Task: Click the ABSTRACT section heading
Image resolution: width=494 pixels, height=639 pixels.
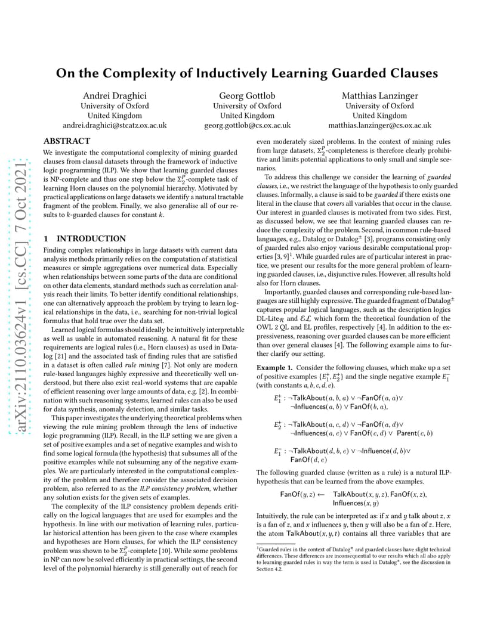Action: pyautogui.click(x=67, y=141)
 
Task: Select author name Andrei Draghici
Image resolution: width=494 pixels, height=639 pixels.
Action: pyautogui.click(x=114, y=95)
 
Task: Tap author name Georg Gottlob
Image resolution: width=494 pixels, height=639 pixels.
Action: pyautogui.click(x=247, y=95)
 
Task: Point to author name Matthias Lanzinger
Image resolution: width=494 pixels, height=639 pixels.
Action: pyautogui.click(x=379, y=95)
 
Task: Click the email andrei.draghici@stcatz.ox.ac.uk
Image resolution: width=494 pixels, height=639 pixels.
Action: pyautogui.click(x=115, y=125)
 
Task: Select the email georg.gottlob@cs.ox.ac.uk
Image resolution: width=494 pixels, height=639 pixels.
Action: pyautogui.click(x=247, y=125)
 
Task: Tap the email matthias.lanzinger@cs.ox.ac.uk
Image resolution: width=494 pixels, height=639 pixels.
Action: pyautogui.click(x=379, y=125)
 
